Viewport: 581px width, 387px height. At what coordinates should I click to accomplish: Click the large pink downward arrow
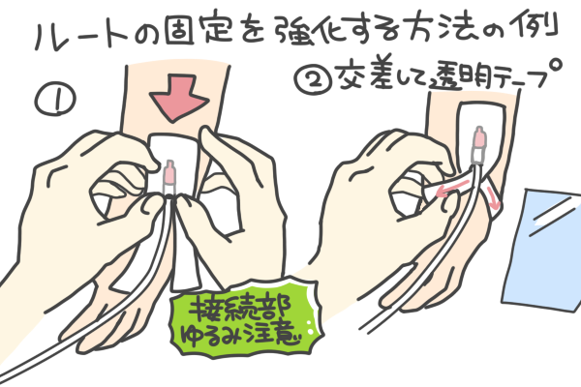179,97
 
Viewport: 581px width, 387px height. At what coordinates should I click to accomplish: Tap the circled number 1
55,99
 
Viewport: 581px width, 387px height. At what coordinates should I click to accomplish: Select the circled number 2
315,78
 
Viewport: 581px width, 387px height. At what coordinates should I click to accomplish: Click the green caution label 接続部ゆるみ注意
245,317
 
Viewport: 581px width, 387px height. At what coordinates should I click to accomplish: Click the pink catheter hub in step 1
169,173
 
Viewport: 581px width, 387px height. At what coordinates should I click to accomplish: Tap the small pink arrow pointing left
453,188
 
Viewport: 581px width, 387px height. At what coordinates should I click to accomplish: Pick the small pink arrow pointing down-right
493,198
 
